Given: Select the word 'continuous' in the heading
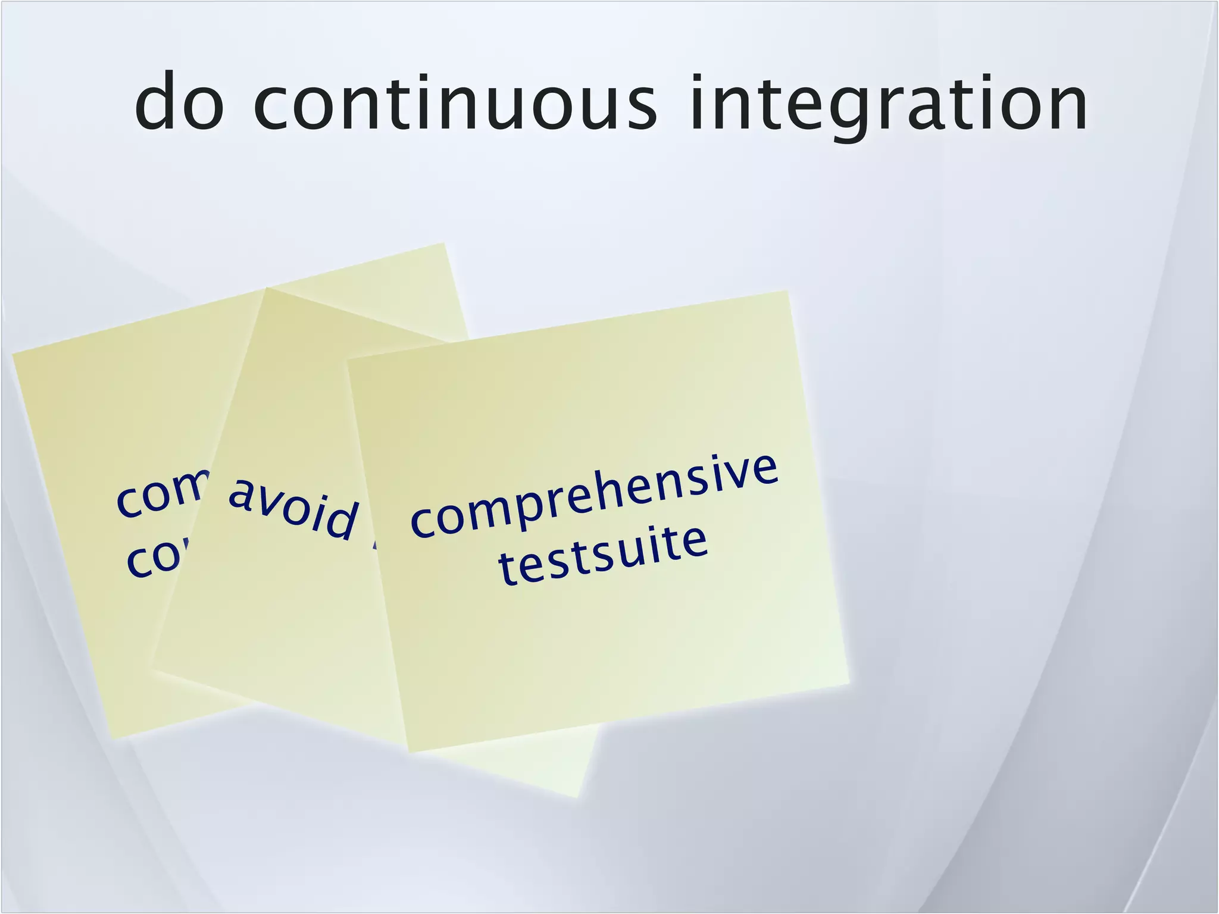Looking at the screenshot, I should [x=455, y=102].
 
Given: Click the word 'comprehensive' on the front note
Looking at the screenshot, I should [x=594, y=496].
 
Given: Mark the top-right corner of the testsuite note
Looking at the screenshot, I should [x=788, y=291].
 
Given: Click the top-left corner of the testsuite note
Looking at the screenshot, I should [x=348, y=359].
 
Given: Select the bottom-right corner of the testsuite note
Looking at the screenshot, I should [x=849, y=683].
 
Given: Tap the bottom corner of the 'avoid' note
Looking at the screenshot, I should [x=577, y=797].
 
